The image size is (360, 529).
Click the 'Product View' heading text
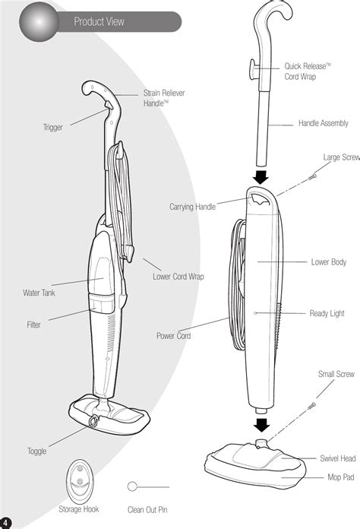99,22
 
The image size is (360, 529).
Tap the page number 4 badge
5,523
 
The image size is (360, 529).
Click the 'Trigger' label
53,128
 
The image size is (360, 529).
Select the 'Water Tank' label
39,293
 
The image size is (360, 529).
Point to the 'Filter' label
33,325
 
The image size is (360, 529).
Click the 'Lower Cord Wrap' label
178,277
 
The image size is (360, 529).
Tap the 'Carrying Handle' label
192,207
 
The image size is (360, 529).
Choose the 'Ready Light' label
327,313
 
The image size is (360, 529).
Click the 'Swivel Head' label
338,458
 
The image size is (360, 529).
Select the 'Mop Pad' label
341,477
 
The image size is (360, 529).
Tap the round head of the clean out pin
132,486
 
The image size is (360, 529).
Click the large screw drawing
312,176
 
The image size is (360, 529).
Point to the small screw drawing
312,406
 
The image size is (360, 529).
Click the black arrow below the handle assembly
261,177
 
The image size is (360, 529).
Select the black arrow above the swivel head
261,425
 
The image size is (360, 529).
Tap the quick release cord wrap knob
253,69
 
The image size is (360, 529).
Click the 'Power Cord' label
174,336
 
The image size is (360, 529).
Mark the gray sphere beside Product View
39,22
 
